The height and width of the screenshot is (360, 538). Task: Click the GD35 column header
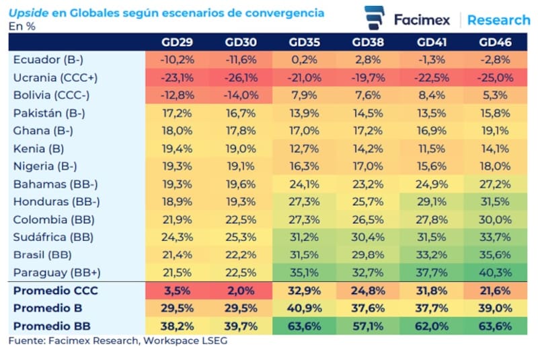tap(304, 42)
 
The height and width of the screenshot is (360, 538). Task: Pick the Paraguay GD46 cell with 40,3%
tap(496, 273)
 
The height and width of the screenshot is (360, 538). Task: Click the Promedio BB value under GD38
tap(367, 326)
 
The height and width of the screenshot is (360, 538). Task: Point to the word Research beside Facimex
tap(499, 20)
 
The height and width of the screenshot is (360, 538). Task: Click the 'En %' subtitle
tap(22, 26)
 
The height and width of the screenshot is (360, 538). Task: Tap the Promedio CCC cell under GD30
tap(240, 291)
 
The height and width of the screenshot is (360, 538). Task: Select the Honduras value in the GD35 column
tap(304, 202)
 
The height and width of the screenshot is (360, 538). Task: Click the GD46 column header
tap(496, 42)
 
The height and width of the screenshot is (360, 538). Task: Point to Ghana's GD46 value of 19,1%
tap(496, 131)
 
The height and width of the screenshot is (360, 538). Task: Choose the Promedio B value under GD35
tap(304, 309)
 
